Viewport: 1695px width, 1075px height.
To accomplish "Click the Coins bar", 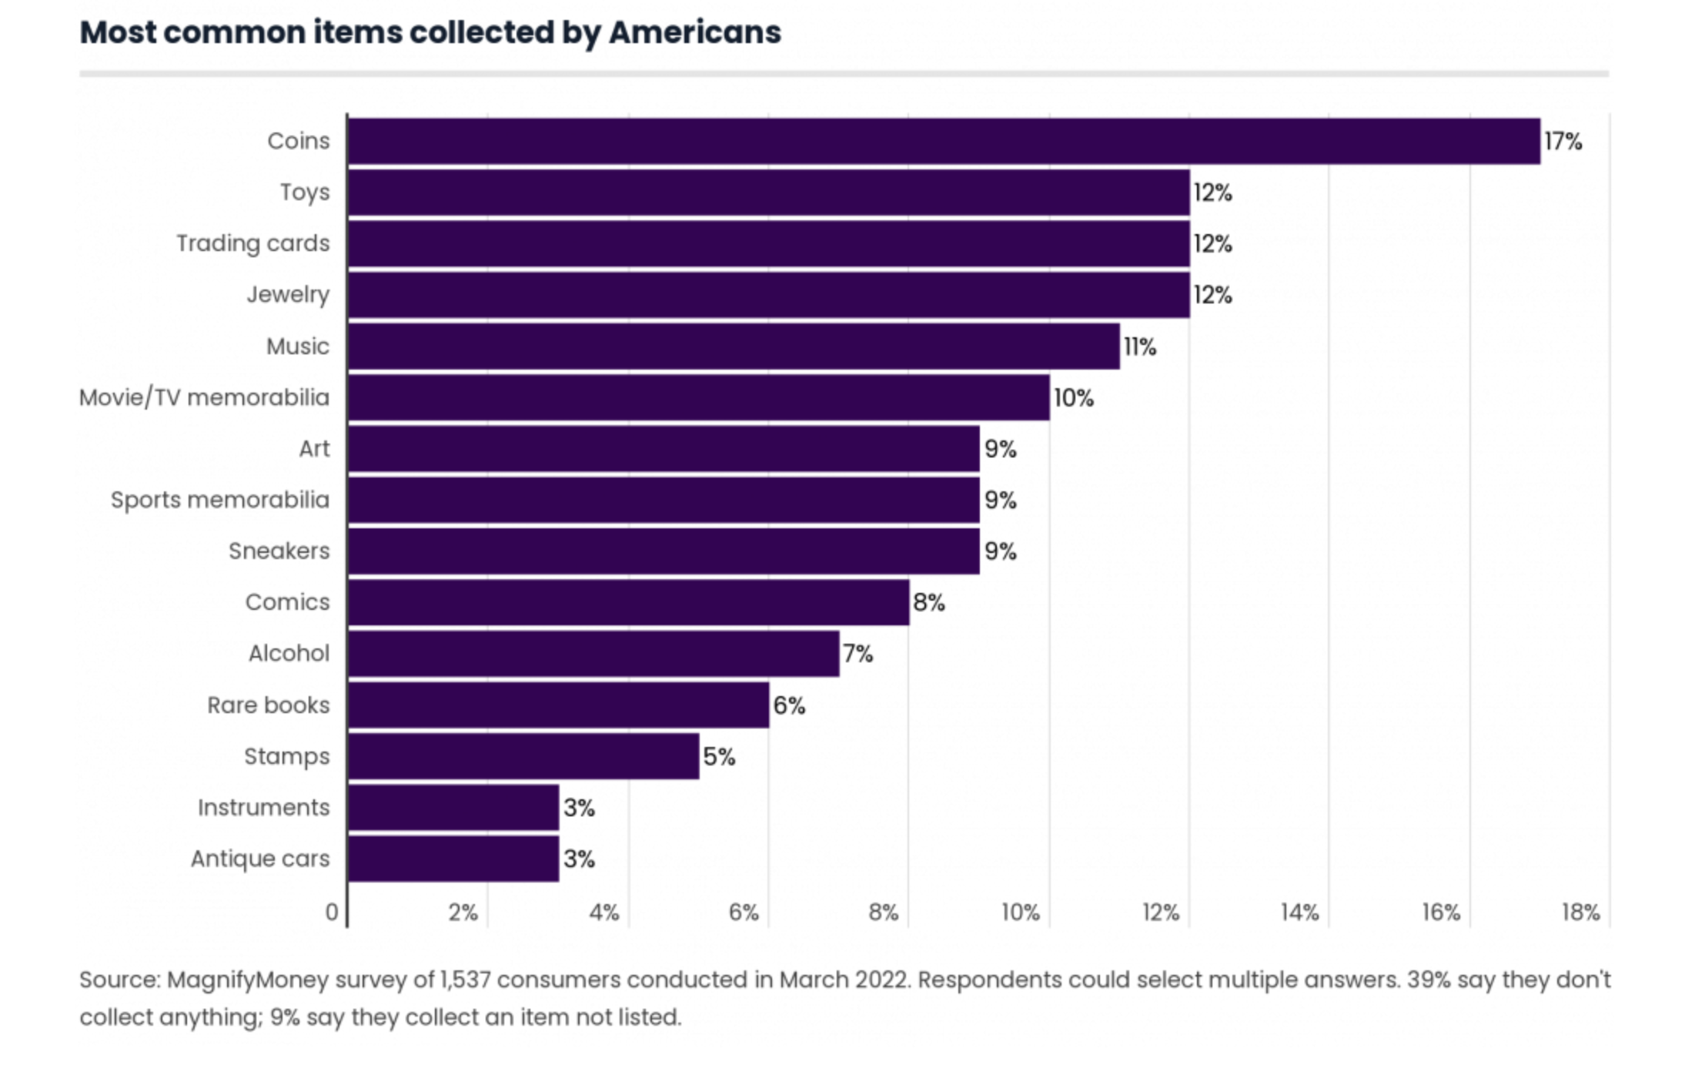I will (x=944, y=141).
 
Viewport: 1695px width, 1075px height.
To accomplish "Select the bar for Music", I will (x=734, y=347).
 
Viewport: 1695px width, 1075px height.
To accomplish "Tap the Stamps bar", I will (x=523, y=756).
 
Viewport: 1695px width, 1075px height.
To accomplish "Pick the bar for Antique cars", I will (x=453, y=859).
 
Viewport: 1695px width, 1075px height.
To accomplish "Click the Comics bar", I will (x=628, y=602).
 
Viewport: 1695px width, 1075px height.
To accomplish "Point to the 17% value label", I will (x=1563, y=142).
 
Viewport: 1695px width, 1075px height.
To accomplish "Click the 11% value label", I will (x=1139, y=347).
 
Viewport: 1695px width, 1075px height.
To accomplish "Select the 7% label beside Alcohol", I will (x=858, y=654).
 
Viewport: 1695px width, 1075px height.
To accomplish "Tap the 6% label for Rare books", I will (x=789, y=705).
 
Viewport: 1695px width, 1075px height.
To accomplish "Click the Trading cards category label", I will (x=252, y=243).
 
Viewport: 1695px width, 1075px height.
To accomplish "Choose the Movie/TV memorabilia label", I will (x=204, y=397).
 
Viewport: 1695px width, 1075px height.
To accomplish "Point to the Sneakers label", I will (x=279, y=551).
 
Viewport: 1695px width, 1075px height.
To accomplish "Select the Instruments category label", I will (x=263, y=808).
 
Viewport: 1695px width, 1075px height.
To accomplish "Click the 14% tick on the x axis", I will (x=1299, y=913).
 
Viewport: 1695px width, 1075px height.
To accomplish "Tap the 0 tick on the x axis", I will (x=332, y=913).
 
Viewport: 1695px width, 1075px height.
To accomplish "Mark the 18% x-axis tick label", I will (x=1580, y=913).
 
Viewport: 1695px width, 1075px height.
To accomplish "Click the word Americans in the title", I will (x=694, y=32).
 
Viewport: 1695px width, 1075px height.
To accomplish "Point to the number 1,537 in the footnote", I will (x=464, y=980).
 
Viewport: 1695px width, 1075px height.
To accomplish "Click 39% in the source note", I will (x=1428, y=980).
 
